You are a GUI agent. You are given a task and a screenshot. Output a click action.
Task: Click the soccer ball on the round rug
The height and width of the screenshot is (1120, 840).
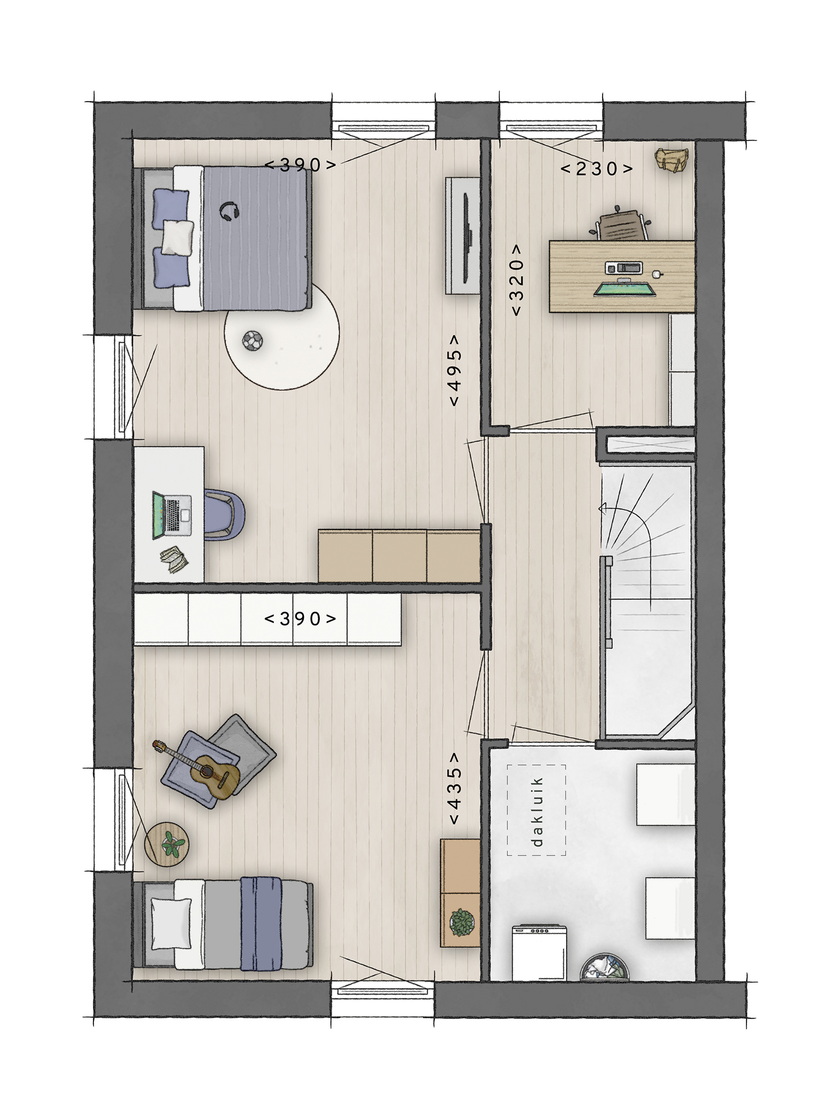252,341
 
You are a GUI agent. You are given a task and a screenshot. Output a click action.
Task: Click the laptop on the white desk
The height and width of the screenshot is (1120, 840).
171,515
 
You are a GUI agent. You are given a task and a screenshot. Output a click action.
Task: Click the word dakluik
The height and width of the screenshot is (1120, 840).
538,811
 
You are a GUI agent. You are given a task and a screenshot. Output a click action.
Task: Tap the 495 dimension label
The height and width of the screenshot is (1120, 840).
454,370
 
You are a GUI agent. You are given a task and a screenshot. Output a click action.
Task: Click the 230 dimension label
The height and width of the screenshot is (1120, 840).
597,168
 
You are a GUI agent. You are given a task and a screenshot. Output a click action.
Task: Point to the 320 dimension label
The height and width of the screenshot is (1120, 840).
516,279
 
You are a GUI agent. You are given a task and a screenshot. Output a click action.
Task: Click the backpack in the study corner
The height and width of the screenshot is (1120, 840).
672,159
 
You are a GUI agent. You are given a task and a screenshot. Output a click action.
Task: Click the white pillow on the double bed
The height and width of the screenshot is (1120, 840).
178,236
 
